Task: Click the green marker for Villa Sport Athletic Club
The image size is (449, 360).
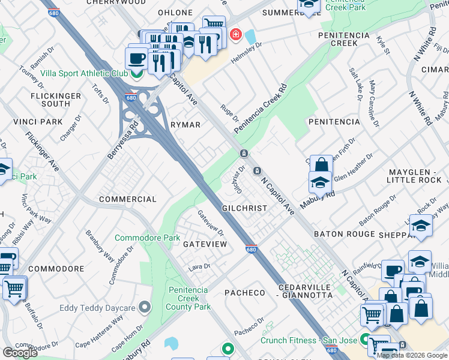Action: coord(137,73)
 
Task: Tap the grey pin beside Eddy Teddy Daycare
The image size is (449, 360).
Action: coord(144,308)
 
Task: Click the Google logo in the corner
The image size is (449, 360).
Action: coord(20,353)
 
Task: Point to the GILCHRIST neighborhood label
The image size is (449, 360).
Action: coord(244,208)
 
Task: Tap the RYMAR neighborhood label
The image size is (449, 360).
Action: coord(185,124)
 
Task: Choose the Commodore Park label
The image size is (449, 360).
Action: coord(147,238)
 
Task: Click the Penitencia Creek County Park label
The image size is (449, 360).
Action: coord(189,298)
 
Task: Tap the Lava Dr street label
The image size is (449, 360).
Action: coord(200,266)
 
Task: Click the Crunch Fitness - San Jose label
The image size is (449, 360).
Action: coord(308,340)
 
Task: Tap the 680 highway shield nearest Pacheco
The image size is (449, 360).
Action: coord(252,248)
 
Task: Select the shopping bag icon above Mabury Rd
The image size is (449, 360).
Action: coord(321,164)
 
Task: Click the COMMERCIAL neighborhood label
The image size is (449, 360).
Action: coord(127,199)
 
